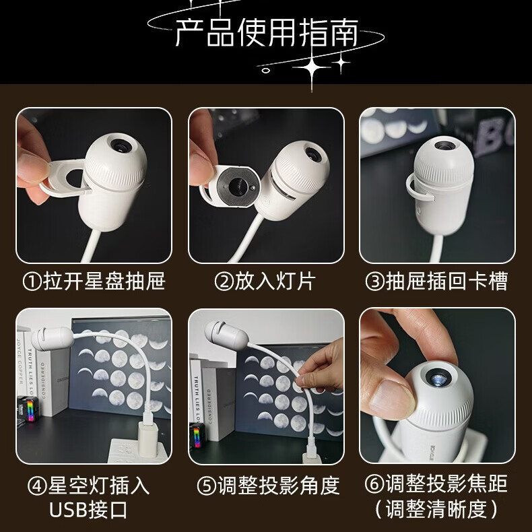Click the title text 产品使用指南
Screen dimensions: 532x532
266,32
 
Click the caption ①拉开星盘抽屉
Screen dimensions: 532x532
94,281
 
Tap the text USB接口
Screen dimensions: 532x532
88,509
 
